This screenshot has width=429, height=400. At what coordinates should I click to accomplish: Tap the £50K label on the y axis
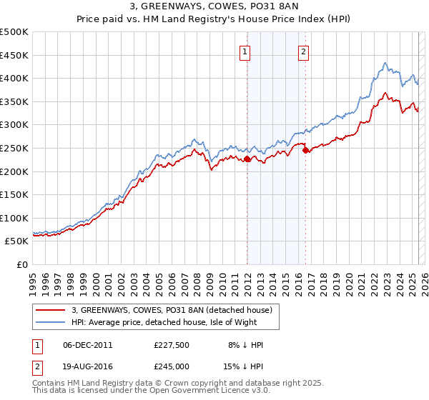(17, 241)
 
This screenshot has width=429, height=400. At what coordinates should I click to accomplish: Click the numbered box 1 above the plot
(245, 51)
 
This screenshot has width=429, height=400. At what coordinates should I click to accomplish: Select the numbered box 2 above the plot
(303, 51)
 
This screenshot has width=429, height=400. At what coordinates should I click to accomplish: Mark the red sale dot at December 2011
(247, 159)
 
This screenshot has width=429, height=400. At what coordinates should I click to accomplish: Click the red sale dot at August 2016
(305, 151)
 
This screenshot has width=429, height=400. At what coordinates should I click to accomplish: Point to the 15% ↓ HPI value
(244, 366)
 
